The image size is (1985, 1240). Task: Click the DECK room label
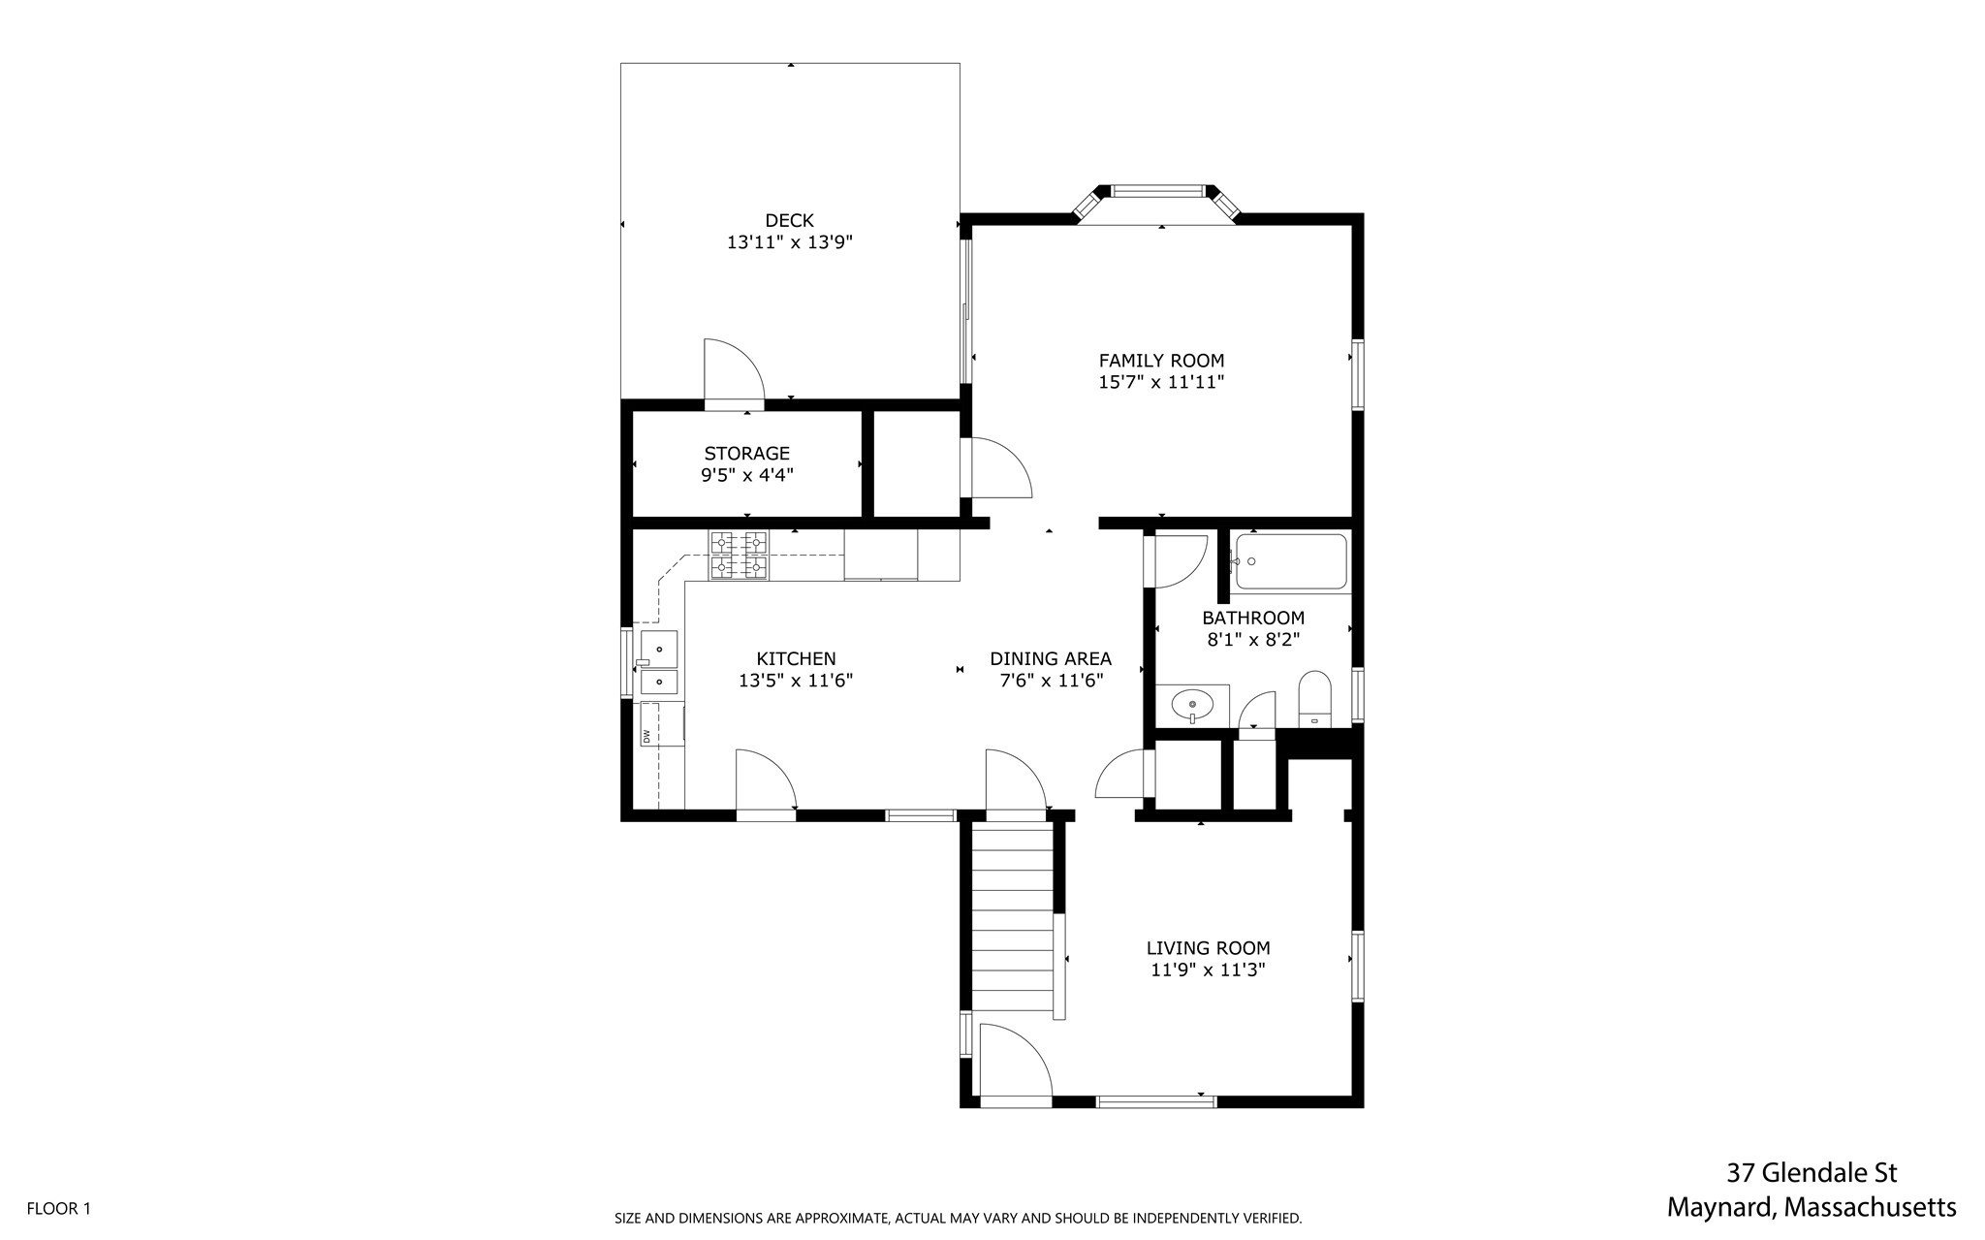789,221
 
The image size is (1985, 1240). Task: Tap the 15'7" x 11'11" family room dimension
1161,383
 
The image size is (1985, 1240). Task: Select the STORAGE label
746,454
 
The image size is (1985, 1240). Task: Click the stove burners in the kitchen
739,555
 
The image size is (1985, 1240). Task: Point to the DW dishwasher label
646,737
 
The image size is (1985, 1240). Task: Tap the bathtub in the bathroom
1291,562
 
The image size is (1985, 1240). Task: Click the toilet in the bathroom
1315,698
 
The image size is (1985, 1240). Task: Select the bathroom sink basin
1192,704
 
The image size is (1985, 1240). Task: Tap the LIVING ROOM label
1208,948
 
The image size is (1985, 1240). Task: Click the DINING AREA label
1051,659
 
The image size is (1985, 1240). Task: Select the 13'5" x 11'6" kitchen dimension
795,681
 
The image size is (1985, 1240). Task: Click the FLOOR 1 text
58,1209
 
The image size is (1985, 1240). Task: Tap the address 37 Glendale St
1811,1173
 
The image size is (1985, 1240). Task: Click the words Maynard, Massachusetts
1811,1208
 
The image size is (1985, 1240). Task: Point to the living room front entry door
1014,1066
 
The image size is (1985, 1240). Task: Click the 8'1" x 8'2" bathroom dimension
1252,640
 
